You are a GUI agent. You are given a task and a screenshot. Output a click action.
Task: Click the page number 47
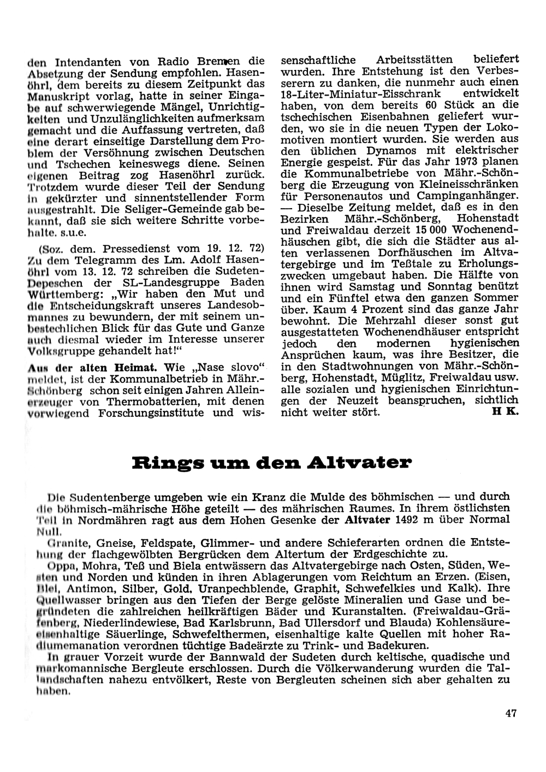[x=511, y=712]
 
